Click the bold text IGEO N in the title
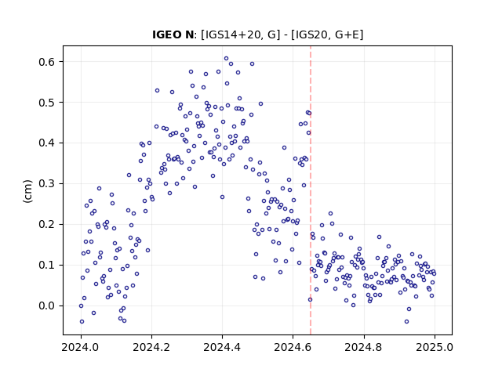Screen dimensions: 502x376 click(173, 34)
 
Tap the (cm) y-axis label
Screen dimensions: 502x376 click(27, 191)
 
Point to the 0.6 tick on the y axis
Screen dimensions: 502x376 click(48, 62)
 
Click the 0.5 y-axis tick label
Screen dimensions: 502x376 click(48, 103)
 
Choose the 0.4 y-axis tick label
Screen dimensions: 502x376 click(48, 143)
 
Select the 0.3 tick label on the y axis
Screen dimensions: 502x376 click(48, 184)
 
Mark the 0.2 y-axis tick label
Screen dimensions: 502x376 click(48, 225)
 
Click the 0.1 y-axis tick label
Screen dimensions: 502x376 click(48, 265)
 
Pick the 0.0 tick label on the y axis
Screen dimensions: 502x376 click(48, 306)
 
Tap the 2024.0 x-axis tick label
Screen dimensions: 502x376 click(81, 347)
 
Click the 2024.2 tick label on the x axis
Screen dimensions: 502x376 click(151, 347)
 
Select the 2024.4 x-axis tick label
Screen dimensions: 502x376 click(222, 347)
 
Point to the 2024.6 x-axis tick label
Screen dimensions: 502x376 click(293, 347)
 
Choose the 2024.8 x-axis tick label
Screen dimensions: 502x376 click(364, 347)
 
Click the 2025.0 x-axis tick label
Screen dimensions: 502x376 click(435, 347)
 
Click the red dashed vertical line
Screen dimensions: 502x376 click(311, 190)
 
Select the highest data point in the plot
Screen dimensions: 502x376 click(227, 59)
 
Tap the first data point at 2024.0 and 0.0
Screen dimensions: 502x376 click(81, 306)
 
